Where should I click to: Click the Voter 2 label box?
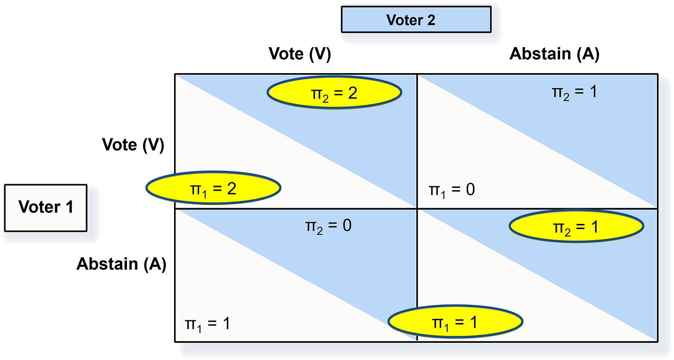click(416, 19)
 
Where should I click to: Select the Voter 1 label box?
click(46, 207)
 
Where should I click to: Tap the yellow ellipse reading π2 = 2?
click(334, 93)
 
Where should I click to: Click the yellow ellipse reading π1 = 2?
click(213, 188)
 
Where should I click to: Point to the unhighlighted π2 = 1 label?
click(574, 92)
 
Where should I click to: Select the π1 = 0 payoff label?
click(452, 190)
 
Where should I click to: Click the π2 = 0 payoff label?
click(328, 226)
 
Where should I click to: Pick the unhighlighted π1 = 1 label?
click(207, 323)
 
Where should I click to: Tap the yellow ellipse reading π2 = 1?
click(576, 226)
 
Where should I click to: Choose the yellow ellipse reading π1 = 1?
click(455, 321)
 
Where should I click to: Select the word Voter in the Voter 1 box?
click(38, 207)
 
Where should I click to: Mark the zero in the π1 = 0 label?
click(470, 189)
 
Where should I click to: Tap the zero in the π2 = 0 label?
click(346, 226)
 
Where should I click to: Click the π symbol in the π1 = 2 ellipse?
click(195, 188)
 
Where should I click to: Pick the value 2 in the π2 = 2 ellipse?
click(352, 93)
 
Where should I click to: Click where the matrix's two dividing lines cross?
click(417, 209)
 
